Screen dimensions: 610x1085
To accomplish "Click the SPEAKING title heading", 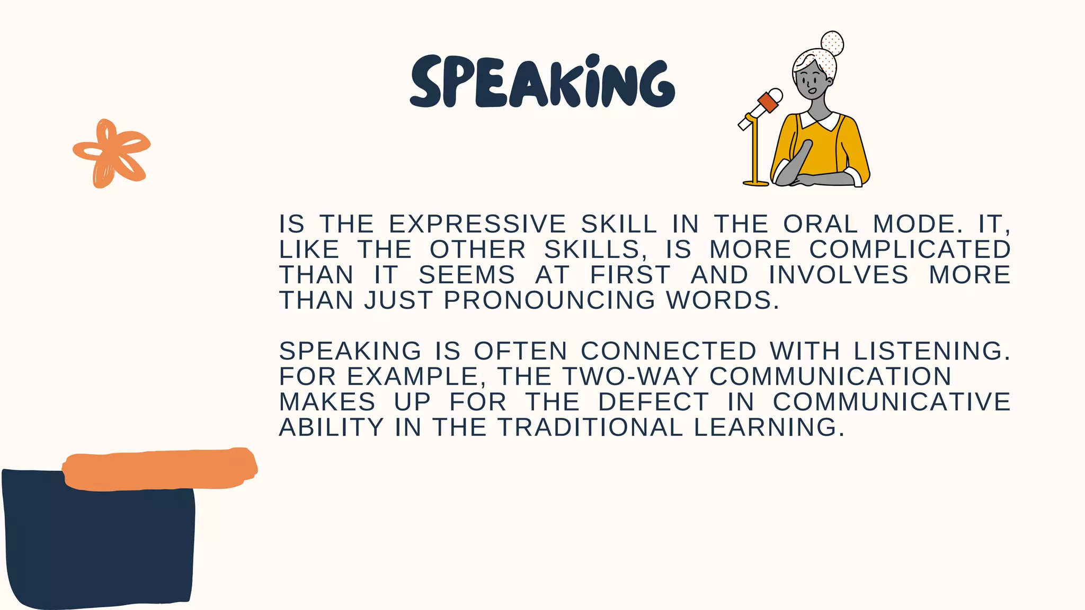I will click(x=542, y=82).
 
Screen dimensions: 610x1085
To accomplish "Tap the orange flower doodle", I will click(x=111, y=153).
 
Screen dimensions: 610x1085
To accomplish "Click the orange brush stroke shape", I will click(x=159, y=469).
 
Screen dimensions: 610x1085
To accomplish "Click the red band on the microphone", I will click(x=768, y=102).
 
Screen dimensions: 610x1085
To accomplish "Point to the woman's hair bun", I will click(x=832, y=43).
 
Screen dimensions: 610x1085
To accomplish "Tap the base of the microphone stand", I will click(x=755, y=183).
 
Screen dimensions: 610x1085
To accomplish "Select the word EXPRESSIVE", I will click(x=477, y=224).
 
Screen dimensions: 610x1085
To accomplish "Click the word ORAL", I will click(x=820, y=224).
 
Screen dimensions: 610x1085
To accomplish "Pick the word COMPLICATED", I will click(x=910, y=249).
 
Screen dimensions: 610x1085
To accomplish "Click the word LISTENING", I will click(x=931, y=351).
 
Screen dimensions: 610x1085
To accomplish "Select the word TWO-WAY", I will click(x=630, y=376).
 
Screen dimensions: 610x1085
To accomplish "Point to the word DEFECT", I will click(x=653, y=402).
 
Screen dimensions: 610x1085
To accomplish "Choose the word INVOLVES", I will click(x=838, y=275).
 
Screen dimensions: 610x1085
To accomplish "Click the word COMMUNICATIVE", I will click(x=892, y=402).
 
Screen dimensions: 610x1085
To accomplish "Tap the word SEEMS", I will click(x=467, y=275).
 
